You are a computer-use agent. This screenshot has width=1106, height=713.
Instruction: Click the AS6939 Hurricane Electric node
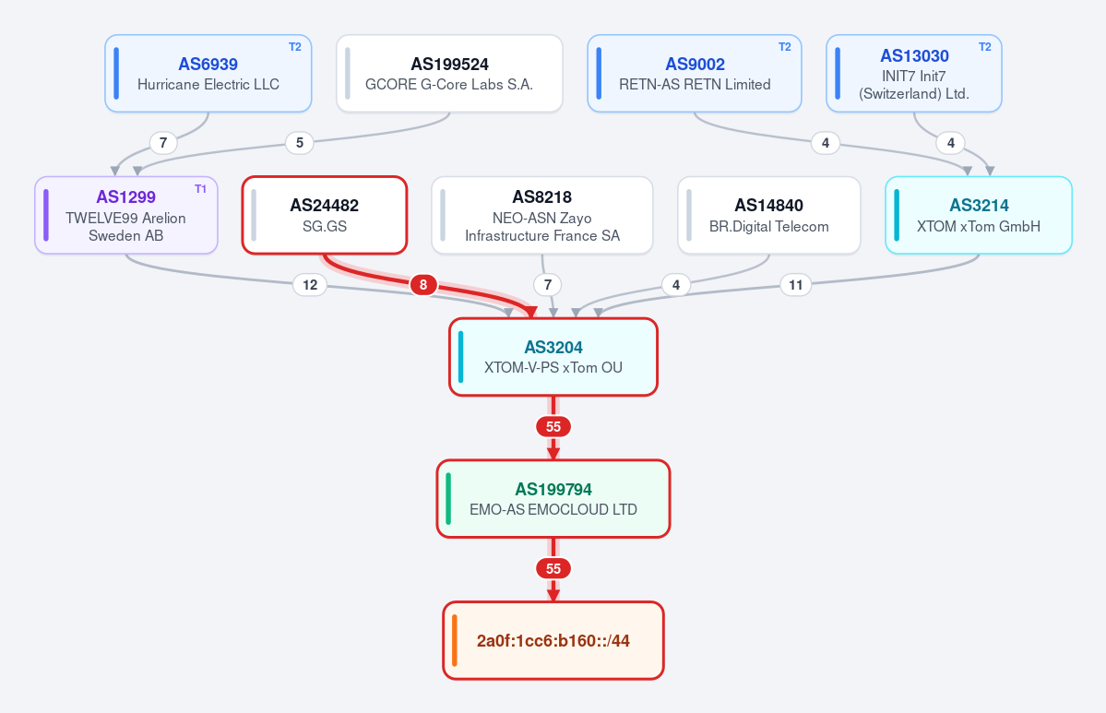point(208,74)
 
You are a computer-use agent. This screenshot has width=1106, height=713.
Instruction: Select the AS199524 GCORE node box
point(449,74)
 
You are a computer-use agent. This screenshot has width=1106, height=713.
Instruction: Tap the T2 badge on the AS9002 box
point(784,46)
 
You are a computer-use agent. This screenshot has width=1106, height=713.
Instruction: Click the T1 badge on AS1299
point(200,189)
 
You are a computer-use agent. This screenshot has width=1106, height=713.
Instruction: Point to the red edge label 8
point(423,285)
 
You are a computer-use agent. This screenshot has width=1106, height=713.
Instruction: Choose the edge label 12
point(310,285)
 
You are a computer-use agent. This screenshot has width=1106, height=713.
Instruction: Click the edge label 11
point(796,285)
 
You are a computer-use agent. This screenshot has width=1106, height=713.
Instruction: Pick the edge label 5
point(300,143)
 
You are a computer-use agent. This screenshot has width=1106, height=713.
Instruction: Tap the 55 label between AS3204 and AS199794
point(553,427)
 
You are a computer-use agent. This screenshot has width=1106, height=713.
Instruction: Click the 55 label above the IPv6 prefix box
point(553,568)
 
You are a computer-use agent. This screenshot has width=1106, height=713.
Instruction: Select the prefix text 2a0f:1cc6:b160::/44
point(553,640)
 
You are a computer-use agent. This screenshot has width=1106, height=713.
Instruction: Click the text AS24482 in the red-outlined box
point(325,205)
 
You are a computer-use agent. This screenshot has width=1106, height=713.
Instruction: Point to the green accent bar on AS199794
point(448,499)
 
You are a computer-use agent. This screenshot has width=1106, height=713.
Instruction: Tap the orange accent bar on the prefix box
point(455,640)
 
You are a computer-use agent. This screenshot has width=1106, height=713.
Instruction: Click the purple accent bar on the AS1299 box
point(46,215)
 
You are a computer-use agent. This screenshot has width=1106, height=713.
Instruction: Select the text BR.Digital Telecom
point(768,226)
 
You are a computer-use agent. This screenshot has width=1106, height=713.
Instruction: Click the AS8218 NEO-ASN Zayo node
point(541,215)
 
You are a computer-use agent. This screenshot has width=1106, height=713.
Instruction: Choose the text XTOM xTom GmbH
point(979,226)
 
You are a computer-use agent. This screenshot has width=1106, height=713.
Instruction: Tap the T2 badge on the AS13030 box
point(984,46)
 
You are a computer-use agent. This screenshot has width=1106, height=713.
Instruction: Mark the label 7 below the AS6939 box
point(163,143)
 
